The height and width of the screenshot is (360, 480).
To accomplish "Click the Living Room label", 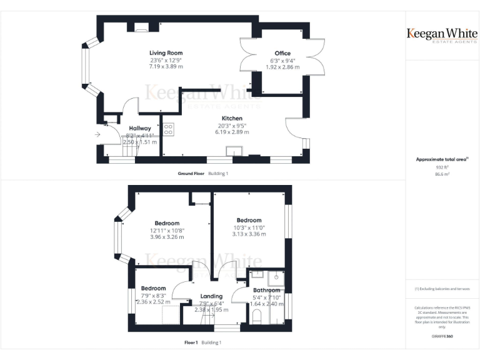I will click(166, 53).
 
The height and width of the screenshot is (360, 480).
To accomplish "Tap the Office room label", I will click(282, 53).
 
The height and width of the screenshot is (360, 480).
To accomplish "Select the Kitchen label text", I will click(232, 118).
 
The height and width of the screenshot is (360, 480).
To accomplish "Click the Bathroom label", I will click(267, 291).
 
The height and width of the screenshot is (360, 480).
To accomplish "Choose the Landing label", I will click(211, 296).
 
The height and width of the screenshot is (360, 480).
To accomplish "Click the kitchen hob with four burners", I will click(169, 129).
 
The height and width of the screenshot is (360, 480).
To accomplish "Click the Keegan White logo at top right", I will click(442, 34).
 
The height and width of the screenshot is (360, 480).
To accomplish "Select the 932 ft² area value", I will click(442, 167).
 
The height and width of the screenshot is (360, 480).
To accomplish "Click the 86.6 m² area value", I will click(442, 174).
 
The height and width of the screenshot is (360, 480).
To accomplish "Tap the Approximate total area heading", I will click(441, 159).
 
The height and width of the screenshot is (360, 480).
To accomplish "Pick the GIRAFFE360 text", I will click(442, 337).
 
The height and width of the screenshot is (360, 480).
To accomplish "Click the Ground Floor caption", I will click(191, 173).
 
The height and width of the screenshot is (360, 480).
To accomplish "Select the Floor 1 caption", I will click(191, 342).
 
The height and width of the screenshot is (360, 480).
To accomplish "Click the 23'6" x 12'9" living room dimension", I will click(166, 60).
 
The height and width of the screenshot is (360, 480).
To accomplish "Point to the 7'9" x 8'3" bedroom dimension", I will click(153, 296).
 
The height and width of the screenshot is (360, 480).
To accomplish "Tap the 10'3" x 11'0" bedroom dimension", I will click(249, 227).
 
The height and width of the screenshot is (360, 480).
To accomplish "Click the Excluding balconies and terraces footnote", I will click(442, 289).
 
